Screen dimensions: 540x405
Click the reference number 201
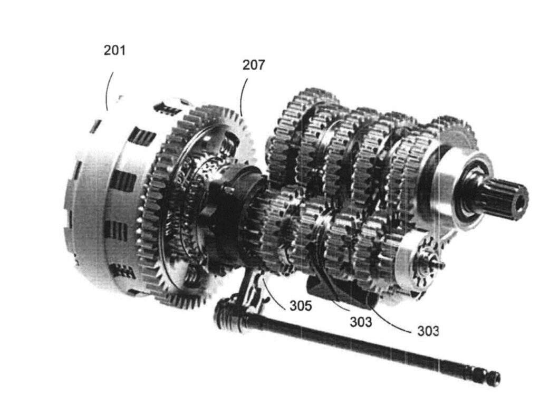point(114,50)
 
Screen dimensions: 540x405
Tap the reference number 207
point(254,65)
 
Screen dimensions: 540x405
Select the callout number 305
point(300,305)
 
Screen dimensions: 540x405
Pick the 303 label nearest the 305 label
point(361,322)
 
